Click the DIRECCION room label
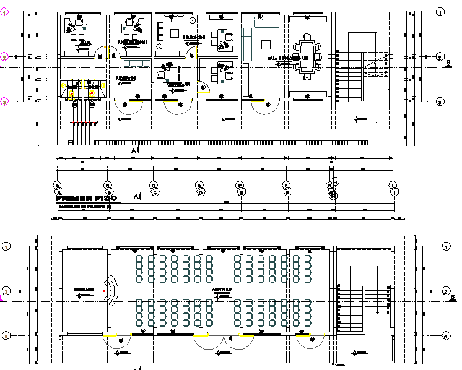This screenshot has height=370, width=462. (193, 38)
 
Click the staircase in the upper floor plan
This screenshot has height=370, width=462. (362, 74)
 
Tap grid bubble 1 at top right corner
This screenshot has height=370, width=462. (440, 12)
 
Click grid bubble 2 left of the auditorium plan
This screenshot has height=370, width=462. (6, 291)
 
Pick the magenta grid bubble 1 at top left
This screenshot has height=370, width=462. (4, 12)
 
